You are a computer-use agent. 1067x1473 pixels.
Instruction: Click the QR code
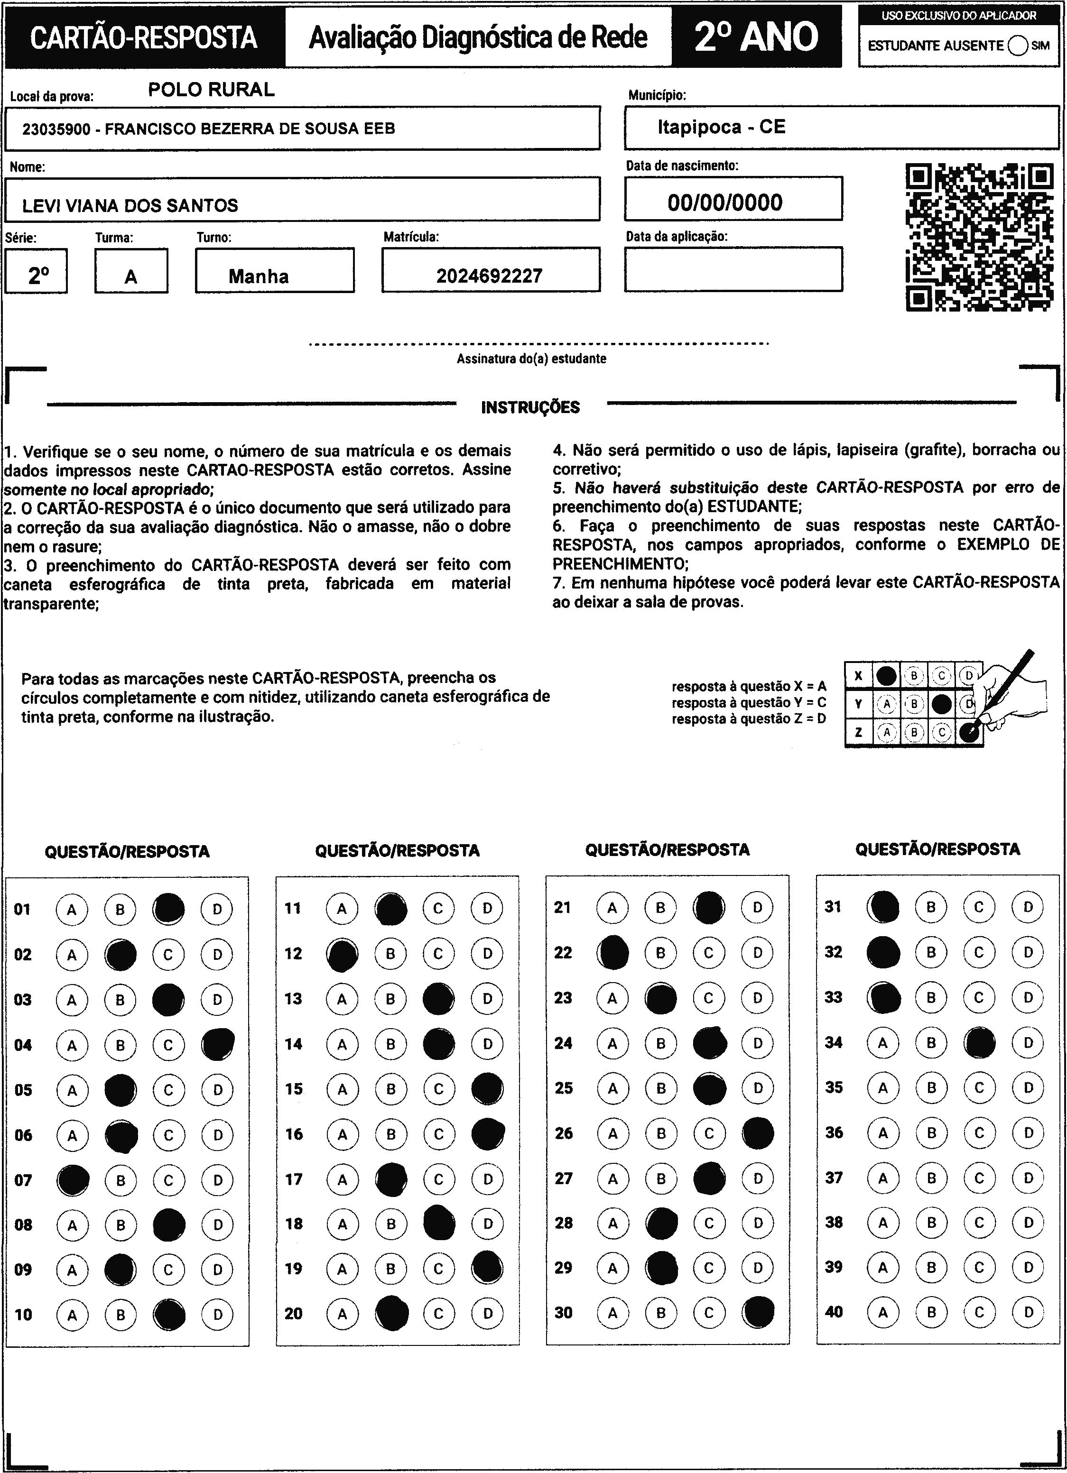(x=979, y=237)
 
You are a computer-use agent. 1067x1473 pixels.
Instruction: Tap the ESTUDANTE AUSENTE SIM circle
(x=1018, y=46)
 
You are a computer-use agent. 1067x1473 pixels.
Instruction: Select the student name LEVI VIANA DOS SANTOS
(x=130, y=206)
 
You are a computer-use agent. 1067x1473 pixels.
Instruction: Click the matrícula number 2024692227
(x=489, y=276)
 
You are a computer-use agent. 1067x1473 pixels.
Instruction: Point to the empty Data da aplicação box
(x=733, y=269)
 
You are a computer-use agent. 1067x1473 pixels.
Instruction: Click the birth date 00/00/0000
(x=724, y=203)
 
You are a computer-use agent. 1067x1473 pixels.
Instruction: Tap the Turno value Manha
(x=259, y=276)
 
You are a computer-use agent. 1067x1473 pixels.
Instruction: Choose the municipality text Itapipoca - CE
(x=721, y=127)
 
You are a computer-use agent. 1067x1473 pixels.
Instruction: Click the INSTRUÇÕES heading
(x=530, y=407)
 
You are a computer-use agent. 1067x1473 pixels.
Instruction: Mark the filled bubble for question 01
(x=168, y=909)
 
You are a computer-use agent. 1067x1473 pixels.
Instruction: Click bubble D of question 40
(x=1028, y=1312)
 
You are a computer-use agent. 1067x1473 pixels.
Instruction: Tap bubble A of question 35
(x=882, y=1087)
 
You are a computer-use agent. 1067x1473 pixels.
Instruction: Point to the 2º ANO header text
(x=756, y=37)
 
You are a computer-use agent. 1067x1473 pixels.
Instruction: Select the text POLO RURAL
(x=211, y=90)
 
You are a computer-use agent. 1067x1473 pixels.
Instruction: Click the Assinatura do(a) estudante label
(x=531, y=359)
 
